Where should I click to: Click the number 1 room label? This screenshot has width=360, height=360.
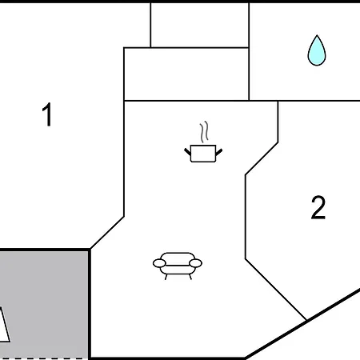coord(47,114)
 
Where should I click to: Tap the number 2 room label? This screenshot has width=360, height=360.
coord(318,207)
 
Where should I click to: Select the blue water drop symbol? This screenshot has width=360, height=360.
coord(317,50)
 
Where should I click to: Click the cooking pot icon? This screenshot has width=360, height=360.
coord(203,142)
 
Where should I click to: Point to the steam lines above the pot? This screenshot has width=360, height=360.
coord(204,132)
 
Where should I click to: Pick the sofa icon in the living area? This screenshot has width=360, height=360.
coord(178,266)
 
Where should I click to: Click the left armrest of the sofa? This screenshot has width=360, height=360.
coord(159,263)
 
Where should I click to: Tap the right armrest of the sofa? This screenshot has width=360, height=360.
coord(195,263)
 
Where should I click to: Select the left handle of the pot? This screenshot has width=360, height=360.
coord(188,152)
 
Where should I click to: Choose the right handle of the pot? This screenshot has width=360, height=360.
coord(219,152)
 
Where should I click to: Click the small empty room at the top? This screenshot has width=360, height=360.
coord(200,26)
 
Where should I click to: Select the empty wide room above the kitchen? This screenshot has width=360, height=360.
coord(186,74)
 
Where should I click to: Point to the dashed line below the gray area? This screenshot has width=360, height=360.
coord(42,358)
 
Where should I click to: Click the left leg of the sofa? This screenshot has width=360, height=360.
coord(166,277)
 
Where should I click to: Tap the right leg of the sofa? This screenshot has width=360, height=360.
coord(190,277)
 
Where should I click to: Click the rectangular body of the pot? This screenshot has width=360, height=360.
coord(203,154)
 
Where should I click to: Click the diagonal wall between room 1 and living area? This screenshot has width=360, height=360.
coord(107,233)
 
